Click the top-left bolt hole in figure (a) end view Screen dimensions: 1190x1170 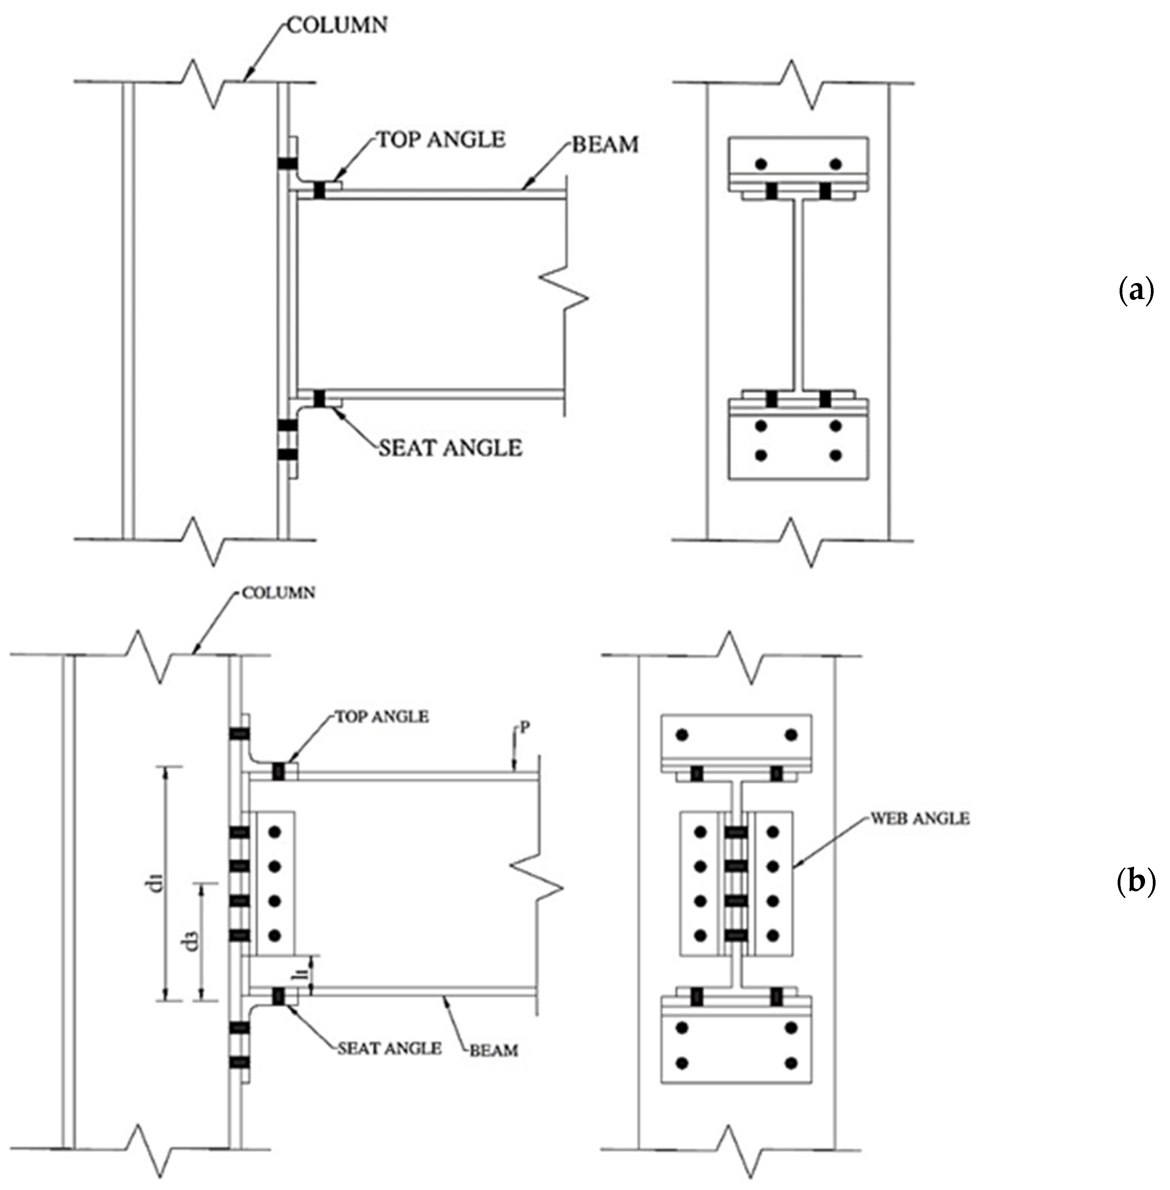coord(762,164)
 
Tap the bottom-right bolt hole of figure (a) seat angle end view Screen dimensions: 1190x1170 coord(835,456)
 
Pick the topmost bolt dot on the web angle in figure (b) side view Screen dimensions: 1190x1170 coord(274,832)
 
